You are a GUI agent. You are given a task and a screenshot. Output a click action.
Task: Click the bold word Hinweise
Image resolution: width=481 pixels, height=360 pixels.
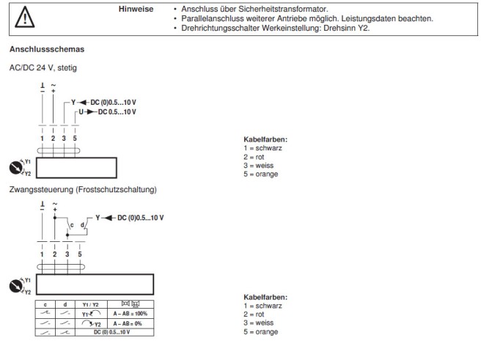[x=138, y=10]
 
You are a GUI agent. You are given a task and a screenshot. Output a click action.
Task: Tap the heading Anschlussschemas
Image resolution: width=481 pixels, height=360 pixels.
[x=41, y=50]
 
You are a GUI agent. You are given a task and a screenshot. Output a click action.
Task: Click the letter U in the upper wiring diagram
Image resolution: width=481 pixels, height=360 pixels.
[x=80, y=111]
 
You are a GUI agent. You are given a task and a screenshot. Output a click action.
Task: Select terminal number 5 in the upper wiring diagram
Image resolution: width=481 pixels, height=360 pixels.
[x=76, y=138]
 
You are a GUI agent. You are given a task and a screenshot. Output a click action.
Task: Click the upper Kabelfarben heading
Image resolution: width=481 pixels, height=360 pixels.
[x=265, y=139]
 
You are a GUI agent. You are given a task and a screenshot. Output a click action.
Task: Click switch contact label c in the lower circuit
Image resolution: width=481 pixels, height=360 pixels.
[x=72, y=224]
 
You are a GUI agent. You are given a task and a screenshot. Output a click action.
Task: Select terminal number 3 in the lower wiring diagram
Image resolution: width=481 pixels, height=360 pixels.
[x=66, y=254]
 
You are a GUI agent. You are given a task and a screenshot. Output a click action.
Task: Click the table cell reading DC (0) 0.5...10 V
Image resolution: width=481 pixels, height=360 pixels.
[x=111, y=332]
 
